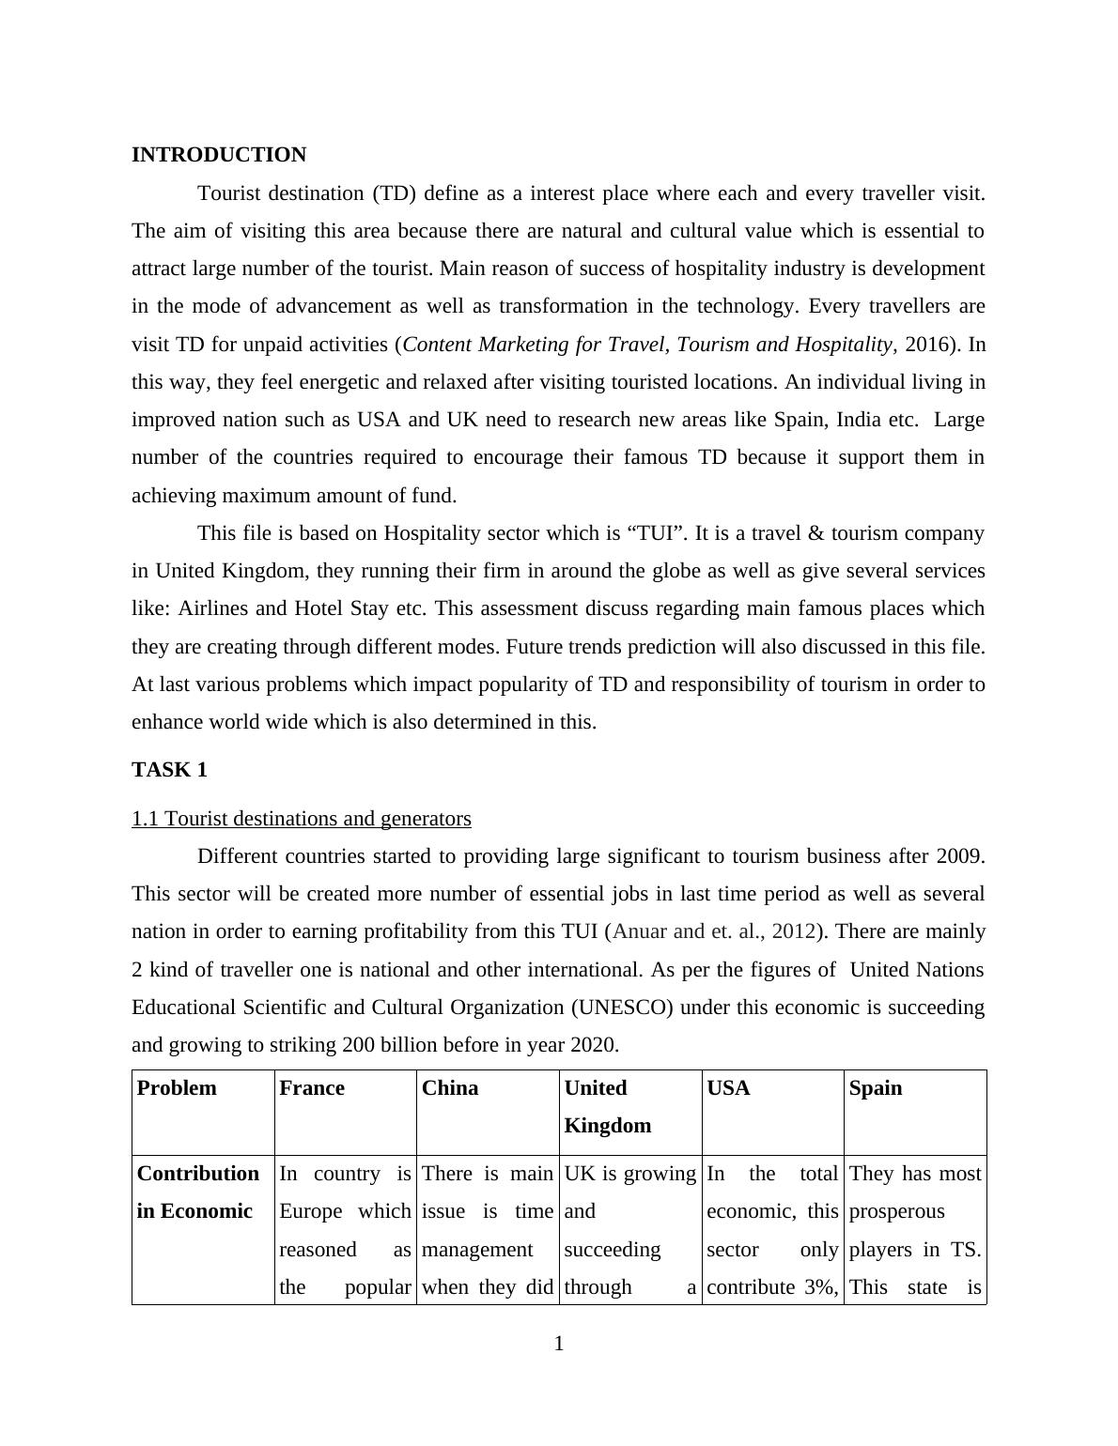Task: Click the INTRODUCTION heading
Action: pyautogui.click(x=219, y=155)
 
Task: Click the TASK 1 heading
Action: pyautogui.click(x=169, y=770)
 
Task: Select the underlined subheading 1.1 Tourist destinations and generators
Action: pyautogui.click(x=302, y=819)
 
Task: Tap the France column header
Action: pyautogui.click(x=312, y=1088)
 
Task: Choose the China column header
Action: pyautogui.click(x=450, y=1088)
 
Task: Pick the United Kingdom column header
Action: pyautogui.click(x=608, y=1106)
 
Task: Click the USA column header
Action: pyautogui.click(x=728, y=1088)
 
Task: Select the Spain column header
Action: pyautogui.click(x=876, y=1088)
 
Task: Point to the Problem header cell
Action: pyautogui.click(x=177, y=1088)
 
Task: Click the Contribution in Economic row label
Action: pyautogui.click(x=198, y=1192)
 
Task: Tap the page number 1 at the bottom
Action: pyautogui.click(x=559, y=1345)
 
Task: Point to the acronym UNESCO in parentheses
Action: pyautogui.click(x=622, y=1008)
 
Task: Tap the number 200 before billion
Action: pyautogui.click(x=359, y=1045)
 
